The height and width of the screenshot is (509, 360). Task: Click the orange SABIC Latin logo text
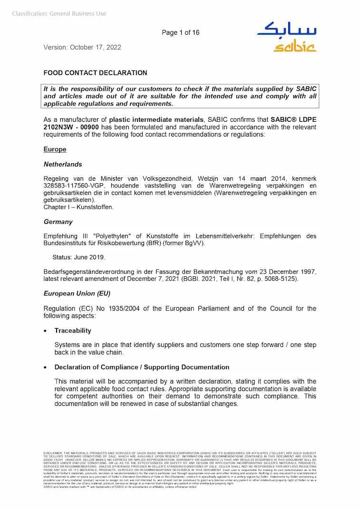click(294, 47)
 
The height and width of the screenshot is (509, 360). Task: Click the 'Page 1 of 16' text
click(180, 32)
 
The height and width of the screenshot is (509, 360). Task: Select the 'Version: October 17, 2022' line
click(82, 47)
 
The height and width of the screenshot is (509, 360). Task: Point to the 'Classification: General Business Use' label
click(59, 14)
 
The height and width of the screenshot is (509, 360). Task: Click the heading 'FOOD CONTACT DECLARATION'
click(95, 73)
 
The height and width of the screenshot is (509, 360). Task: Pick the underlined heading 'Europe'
click(55, 149)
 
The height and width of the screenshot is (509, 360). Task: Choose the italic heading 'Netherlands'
click(63, 164)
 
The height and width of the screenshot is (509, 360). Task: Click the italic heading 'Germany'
click(58, 222)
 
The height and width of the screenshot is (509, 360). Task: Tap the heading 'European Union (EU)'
click(77, 294)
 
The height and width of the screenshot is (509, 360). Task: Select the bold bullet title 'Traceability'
click(73, 331)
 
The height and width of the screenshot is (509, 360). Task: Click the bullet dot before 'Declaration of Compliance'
click(45, 368)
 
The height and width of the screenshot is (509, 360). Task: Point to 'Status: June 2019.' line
click(79, 257)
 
